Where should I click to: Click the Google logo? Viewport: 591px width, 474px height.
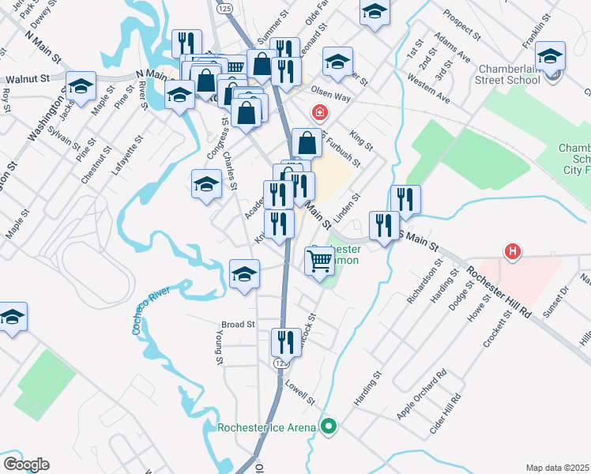26,464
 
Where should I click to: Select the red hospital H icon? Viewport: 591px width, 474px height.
513,252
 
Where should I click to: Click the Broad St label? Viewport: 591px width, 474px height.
238,324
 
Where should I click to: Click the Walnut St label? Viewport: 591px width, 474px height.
27,80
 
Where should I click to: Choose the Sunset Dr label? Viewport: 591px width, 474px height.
558,300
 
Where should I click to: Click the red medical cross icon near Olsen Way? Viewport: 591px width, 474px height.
320,112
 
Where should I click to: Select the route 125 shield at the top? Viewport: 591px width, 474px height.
224,7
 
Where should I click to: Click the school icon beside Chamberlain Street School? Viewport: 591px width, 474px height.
550,56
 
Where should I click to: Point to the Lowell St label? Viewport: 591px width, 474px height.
300,389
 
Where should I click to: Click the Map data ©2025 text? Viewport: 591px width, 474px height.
557,467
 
